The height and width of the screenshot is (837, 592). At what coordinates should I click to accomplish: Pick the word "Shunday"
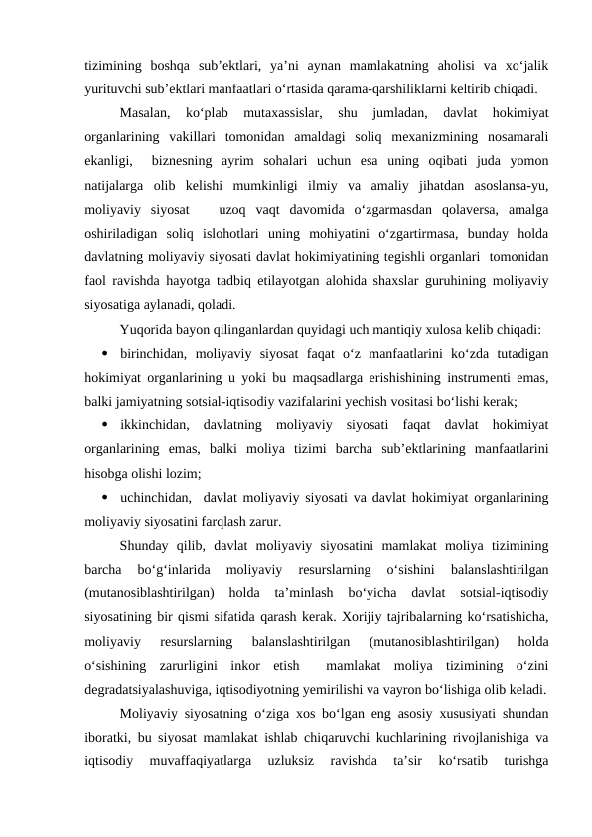[x=147, y=546]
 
